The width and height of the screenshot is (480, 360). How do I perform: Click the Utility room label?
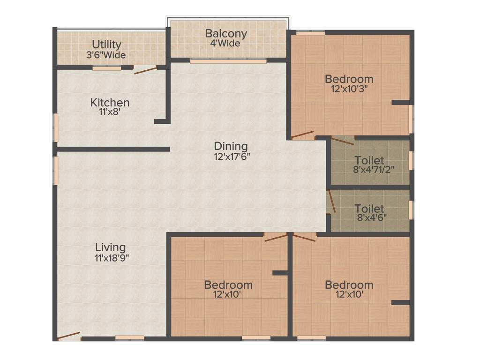click(106, 45)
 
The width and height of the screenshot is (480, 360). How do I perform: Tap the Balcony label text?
click(226, 34)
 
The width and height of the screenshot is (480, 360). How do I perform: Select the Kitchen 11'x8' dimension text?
click(110, 112)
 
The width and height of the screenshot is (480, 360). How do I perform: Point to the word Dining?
click(231, 146)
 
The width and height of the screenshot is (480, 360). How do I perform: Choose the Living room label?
click(110, 247)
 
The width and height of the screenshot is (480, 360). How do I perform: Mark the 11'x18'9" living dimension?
click(112, 257)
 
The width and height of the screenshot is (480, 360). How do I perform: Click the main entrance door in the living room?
click(68, 336)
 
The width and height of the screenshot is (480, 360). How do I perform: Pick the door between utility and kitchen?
click(145, 70)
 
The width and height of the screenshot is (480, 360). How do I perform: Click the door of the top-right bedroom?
click(303, 135)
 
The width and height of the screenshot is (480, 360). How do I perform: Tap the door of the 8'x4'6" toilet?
click(331, 202)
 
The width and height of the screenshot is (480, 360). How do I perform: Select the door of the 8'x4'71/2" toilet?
click(342, 140)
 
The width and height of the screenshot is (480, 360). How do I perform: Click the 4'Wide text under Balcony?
click(225, 44)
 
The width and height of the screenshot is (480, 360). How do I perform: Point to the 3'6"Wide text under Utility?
click(106, 55)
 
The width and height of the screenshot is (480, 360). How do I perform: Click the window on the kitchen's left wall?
click(55, 127)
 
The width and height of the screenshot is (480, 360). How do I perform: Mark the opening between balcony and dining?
click(228, 61)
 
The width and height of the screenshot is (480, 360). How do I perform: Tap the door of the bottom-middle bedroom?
click(276, 237)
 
